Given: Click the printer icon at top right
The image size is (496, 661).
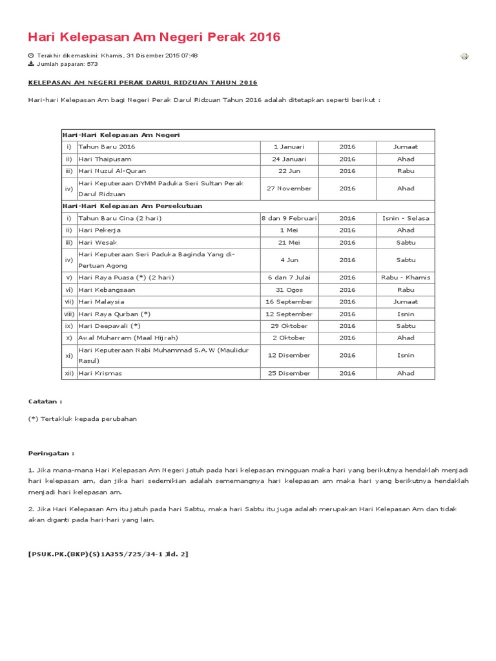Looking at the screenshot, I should click(464, 56).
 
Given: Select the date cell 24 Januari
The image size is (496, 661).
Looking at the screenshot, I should click(289, 159).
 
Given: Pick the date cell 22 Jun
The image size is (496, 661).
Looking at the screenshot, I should click(289, 171).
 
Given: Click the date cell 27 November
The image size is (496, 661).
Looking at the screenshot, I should click(289, 188).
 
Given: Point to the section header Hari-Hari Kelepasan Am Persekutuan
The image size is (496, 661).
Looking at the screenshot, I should click(132, 206).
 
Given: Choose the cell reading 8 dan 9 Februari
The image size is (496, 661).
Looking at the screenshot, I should click(289, 218).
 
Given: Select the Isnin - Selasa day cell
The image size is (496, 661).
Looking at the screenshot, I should click(406, 218).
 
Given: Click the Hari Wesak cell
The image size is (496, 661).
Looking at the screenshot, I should click(98, 243).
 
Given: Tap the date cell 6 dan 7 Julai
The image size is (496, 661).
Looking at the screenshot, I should click(289, 278).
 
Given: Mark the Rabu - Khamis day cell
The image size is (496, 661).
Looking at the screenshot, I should click(406, 278).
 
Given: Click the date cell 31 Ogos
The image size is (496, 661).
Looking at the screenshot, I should click(289, 290).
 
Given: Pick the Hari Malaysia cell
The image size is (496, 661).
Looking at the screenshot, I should click(101, 301).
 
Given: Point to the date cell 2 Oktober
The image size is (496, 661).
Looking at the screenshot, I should click(289, 338).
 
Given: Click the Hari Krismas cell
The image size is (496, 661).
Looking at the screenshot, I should click(100, 373).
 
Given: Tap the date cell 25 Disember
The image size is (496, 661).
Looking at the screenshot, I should click(289, 373).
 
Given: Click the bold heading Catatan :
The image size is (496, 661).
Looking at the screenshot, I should click(45, 401).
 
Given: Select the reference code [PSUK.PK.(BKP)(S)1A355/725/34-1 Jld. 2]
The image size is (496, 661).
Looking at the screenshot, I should click(108, 554).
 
